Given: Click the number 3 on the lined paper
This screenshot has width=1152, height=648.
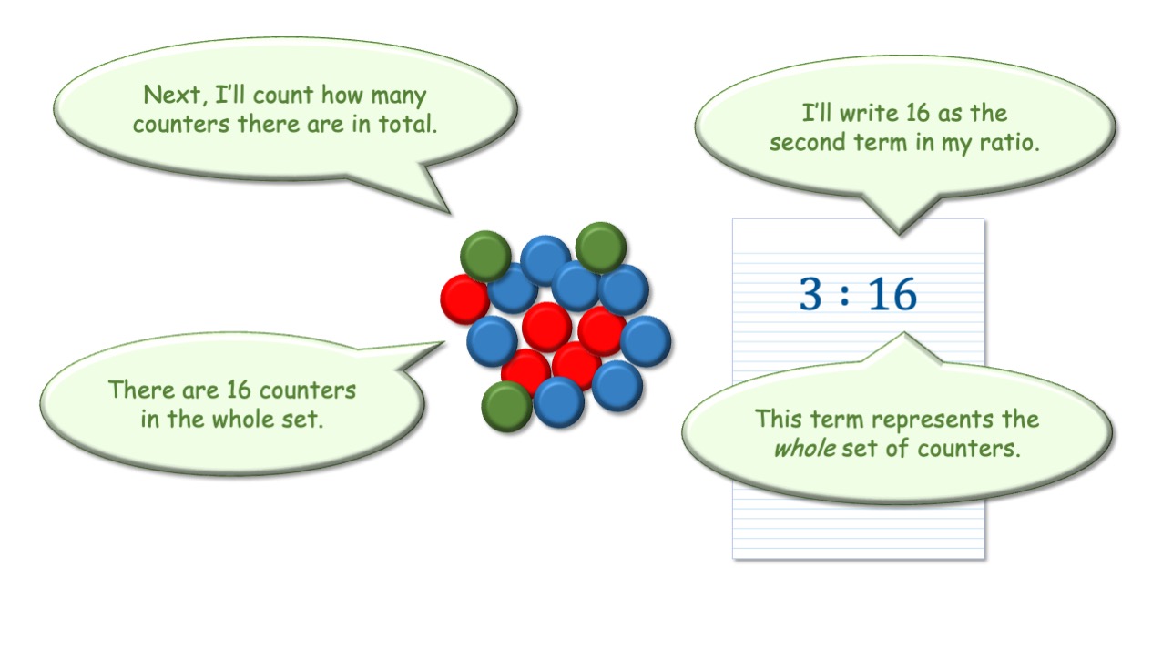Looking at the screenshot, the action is [x=810, y=294].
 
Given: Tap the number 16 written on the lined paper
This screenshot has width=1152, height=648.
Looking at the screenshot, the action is [x=892, y=294].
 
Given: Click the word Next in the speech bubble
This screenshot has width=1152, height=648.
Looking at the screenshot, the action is [x=172, y=95].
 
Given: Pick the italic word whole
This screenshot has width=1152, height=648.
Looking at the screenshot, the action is [x=805, y=448].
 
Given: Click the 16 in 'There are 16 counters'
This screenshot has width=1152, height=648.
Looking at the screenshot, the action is [x=239, y=390].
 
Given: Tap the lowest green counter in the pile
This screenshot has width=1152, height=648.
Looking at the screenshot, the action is [x=506, y=407].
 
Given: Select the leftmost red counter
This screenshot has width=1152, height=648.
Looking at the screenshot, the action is [x=465, y=299].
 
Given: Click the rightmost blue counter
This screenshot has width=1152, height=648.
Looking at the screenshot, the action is [x=646, y=341].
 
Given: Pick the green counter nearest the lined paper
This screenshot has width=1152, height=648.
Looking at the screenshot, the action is [x=601, y=248].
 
